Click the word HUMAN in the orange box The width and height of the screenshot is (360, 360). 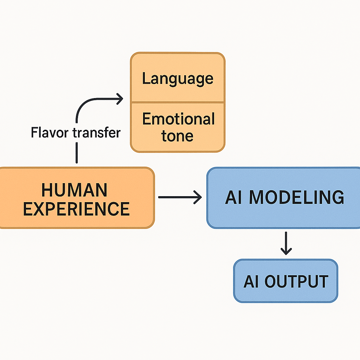pyautogui.click(x=74, y=190)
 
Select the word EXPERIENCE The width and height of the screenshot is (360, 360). pyautogui.click(x=76, y=209)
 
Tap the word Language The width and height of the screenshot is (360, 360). pyautogui.click(x=178, y=79)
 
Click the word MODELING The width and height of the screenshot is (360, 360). pyautogui.click(x=296, y=197)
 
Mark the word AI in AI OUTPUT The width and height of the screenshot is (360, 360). pyautogui.click(x=251, y=281)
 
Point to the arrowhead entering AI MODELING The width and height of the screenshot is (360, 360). pyautogui.click(x=199, y=197)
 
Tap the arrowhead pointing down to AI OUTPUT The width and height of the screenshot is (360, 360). pyautogui.click(x=286, y=251)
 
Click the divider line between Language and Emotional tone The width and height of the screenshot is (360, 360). pyautogui.click(x=178, y=102)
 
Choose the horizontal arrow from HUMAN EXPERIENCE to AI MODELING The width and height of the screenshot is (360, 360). pyautogui.click(x=179, y=197)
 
